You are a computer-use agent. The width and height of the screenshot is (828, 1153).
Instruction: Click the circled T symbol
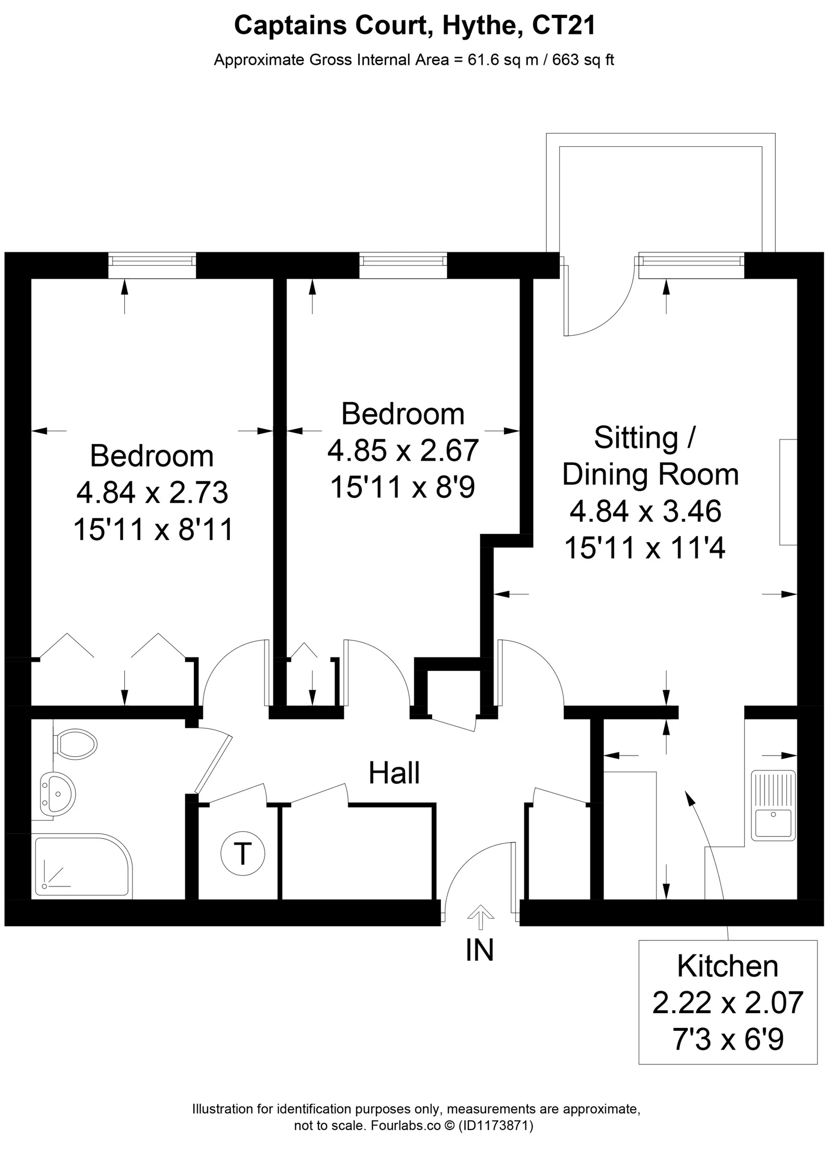243,853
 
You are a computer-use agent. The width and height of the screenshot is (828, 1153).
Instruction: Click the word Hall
394,773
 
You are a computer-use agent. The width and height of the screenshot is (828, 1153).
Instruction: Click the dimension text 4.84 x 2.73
152,492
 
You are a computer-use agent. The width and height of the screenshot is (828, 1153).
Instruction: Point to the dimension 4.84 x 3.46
645,511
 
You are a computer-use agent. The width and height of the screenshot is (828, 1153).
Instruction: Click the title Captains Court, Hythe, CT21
414,25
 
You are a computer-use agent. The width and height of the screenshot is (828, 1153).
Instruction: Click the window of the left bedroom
152,265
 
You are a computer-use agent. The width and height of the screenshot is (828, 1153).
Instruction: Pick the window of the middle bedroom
403,265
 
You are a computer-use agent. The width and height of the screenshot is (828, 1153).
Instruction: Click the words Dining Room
650,474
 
